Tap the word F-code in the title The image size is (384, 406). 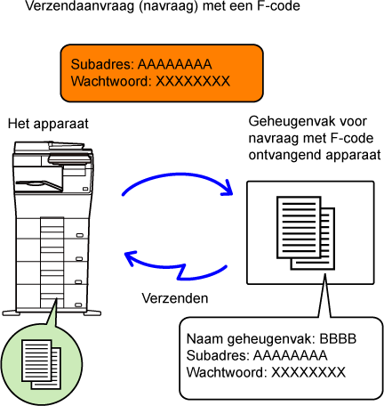coord(278,5)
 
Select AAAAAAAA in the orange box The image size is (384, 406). coord(175,64)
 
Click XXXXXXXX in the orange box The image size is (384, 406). coord(193,81)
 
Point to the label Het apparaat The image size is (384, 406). coord(48,124)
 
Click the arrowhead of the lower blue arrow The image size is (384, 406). coord(131,257)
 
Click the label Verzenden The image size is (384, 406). coord(175,298)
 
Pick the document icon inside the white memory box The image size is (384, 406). coord(306,233)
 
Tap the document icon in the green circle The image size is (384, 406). coord(41,365)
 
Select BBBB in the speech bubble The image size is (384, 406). coord(338,338)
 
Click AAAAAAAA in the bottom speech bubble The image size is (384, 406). coord(290,355)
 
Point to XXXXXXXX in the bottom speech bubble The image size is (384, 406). coord(308,372)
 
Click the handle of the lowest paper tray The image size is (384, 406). coord(78,304)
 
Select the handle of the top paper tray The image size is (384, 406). coord(80,236)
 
